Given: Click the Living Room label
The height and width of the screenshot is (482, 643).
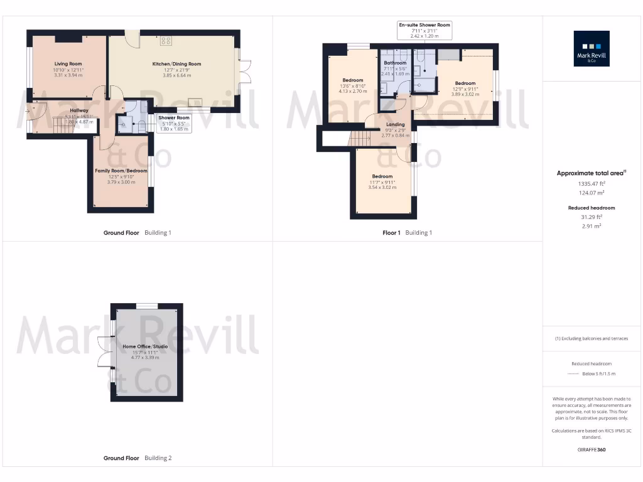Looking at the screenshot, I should (68, 63).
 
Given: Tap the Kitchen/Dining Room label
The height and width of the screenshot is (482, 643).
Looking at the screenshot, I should (176, 63).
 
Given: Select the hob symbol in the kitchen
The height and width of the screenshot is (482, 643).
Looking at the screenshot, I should (166, 41).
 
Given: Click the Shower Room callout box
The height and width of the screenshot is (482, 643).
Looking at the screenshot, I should (174, 123).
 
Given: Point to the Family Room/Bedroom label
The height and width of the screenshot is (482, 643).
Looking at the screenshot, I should (121, 171).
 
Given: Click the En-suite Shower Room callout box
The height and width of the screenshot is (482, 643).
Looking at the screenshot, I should (425, 30).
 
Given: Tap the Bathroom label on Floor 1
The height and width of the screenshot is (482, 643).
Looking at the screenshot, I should (396, 63).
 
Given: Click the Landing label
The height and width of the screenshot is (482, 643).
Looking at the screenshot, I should (395, 124).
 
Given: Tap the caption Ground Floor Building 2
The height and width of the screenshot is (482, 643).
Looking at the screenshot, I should (138, 458).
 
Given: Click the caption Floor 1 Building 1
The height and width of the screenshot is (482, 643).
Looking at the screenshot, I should (407, 233).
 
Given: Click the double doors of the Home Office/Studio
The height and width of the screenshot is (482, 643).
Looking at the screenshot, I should (105, 352).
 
